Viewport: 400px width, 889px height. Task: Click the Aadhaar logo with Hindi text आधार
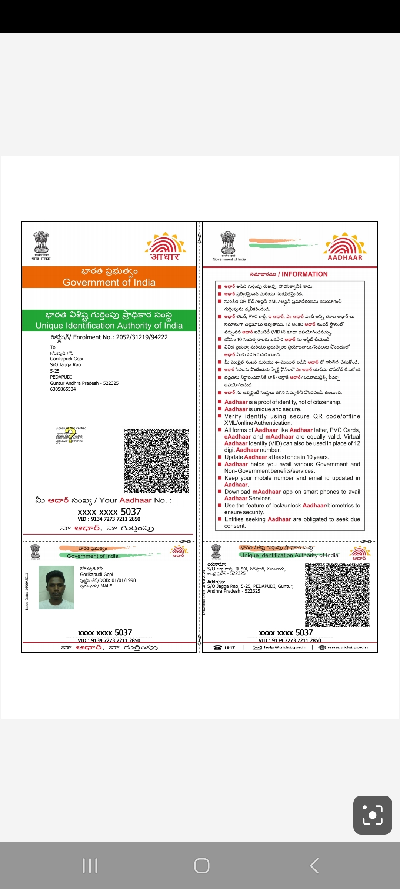[165, 247]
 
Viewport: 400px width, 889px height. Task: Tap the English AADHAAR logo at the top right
[345, 247]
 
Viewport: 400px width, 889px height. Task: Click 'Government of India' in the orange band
[109, 282]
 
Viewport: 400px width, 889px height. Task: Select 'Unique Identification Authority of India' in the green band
[109, 326]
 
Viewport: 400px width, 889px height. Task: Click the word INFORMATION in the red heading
[304, 274]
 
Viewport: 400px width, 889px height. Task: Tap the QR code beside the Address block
[337, 595]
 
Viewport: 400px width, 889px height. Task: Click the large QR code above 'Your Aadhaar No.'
[156, 461]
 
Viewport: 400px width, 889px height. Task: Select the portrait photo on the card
[56, 587]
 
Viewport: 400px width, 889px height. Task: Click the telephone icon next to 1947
[218, 647]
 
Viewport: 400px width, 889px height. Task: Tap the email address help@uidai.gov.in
[285, 647]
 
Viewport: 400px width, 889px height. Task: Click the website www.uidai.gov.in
[347, 647]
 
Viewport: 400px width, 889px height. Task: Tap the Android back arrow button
[314, 866]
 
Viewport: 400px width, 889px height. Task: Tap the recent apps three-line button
[90, 866]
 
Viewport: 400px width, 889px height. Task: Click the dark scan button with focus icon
[373, 815]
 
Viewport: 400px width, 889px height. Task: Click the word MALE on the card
[106, 586]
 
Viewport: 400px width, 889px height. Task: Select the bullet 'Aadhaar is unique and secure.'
[263, 409]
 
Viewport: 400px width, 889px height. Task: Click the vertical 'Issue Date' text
[27, 591]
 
